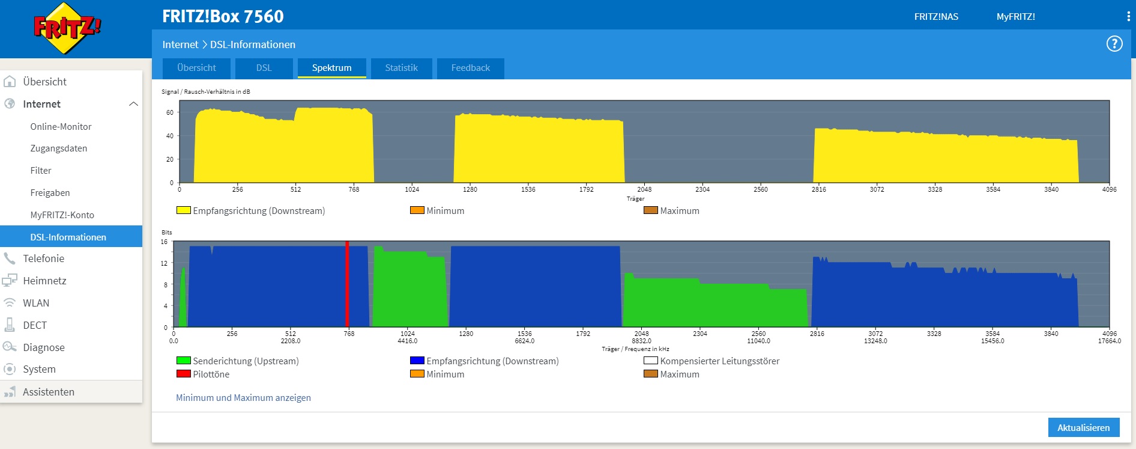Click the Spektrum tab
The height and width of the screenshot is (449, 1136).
pyautogui.click(x=331, y=68)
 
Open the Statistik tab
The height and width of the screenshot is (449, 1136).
pyautogui.click(x=401, y=68)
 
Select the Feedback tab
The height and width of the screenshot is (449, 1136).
pyautogui.click(x=470, y=68)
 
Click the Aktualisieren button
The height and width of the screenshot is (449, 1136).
pyautogui.click(x=1083, y=427)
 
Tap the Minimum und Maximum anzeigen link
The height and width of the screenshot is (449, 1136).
pyautogui.click(x=243, y=397)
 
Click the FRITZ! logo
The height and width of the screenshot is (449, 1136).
pyautogui.click(x=67, y=28)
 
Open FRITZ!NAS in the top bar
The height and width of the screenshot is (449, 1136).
pyautogui.click(x=936, y=17)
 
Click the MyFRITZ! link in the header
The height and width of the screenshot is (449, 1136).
pyautogui.click(x=1015, y=17)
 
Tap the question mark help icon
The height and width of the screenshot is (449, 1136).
pyautogui.click(x=1114, y=44)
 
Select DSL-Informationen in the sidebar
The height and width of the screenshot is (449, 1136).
pyautogui.click(x=68, y=237)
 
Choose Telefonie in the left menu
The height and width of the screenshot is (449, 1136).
pyautogui.click(x=43, y=258)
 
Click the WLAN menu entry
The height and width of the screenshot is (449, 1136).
pyautogui.click(x=36, y=303)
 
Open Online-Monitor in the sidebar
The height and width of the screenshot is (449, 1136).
pyautogui.click(x=61, y=127)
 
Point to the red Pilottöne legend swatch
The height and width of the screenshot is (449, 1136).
pyautogui.click(x=183, y=374)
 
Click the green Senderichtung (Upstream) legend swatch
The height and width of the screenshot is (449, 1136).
pyautogui.click(x=183, y=361)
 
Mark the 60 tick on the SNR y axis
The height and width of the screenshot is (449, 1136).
pyautogui.click(x=170, y=112)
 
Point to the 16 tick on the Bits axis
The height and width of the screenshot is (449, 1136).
pyautogui.click(x=164, y=242)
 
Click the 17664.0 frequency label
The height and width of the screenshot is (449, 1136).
pyautogui.click(x=1109, y=341)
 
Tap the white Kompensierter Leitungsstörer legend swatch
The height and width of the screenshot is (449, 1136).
pyautogui.click(x=650, y=361)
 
